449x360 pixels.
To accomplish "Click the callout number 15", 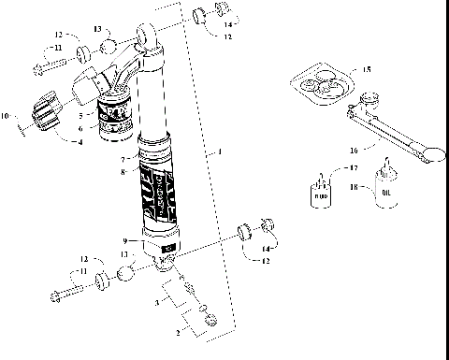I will tap(368, 70).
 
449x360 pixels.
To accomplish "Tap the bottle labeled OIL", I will tap(383, 186).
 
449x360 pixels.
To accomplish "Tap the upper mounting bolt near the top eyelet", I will tap(52, 67).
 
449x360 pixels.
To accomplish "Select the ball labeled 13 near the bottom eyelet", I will tap(125, 276).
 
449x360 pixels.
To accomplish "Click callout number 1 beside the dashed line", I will tap(218, 151).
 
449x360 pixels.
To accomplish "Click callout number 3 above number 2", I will tap(157, 304).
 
